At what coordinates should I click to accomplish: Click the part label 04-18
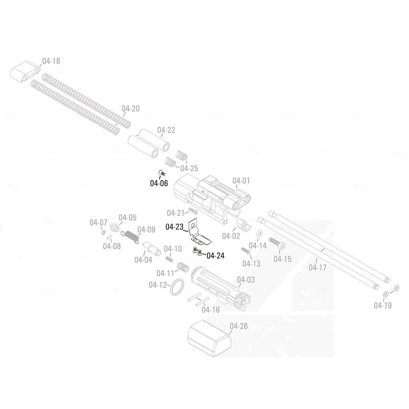(51, 60)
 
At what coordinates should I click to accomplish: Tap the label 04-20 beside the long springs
(130, 109)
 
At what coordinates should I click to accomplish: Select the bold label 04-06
(159, 184)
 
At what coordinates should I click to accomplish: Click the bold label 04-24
(215, 255)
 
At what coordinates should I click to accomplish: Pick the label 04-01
(241, 181)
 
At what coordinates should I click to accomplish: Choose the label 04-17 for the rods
(318, 268)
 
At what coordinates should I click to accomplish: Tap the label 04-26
(239, 326)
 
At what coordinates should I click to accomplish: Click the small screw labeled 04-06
(162, 172)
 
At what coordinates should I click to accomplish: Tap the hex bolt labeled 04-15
(277, 243)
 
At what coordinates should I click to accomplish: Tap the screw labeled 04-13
(245, 250)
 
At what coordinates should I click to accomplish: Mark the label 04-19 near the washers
(383, 305)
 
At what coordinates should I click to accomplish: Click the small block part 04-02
(243, 224)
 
